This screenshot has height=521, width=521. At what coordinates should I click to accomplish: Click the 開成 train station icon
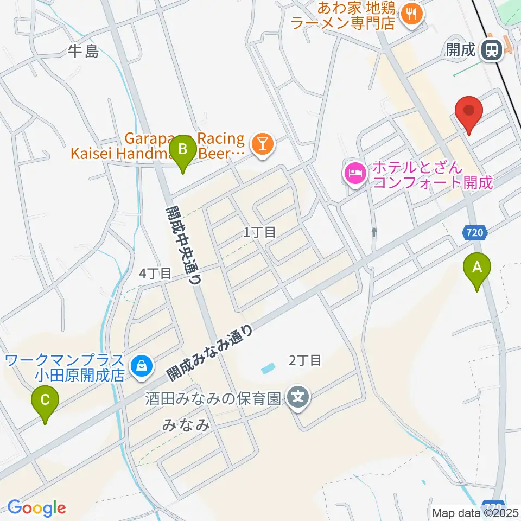(491, 50)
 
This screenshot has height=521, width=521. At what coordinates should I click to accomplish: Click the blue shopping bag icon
(141, 365)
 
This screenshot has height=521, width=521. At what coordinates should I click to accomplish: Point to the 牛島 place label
(84, 52)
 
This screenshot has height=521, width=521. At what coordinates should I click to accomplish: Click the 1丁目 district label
(260, 233)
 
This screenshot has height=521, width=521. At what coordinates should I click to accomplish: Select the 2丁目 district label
(306, 359)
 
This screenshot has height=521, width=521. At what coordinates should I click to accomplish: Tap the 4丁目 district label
(155, 274)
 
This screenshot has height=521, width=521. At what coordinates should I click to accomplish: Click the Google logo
(36, 508)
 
